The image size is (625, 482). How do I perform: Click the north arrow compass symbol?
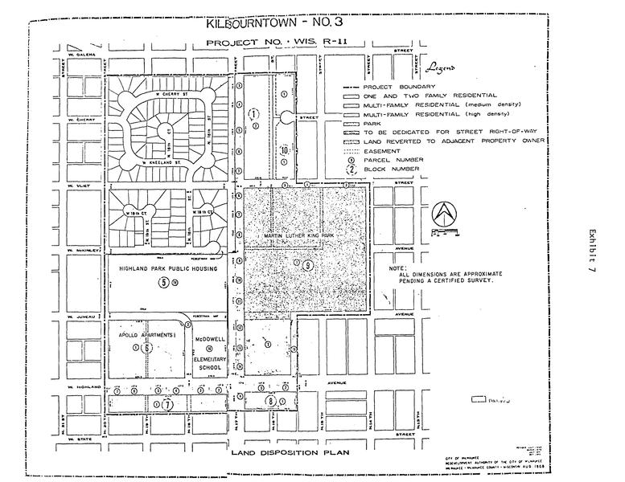[x=442, y=214]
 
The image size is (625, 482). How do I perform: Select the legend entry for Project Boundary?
[x=399, y=87]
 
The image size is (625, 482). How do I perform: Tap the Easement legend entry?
[x=382, y=150]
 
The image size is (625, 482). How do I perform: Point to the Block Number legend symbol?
[x=351, y=170]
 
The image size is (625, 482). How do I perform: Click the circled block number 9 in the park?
[x=307, y=265]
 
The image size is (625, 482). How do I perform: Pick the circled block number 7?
[x=167, y=406]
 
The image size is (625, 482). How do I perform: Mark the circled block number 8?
[x=271, y=401]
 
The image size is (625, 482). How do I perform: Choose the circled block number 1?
[x=253, y=115]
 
